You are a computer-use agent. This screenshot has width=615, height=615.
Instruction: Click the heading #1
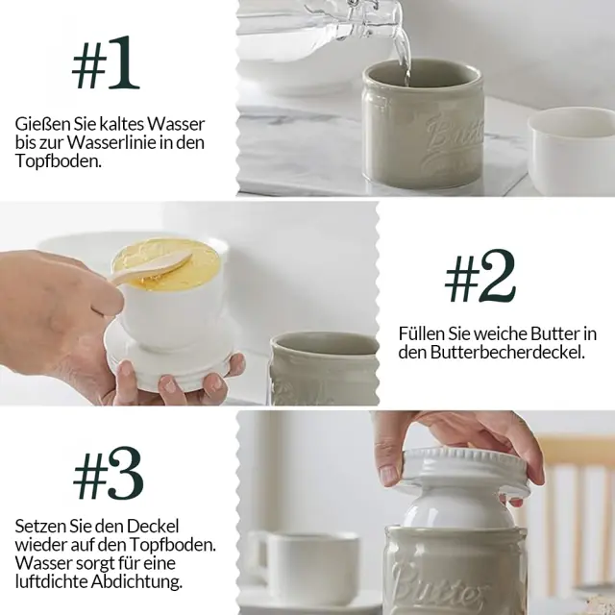(106, 62)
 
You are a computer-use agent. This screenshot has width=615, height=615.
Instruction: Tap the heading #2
(480, 276)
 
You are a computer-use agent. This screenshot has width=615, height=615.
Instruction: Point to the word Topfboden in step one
(57, 161)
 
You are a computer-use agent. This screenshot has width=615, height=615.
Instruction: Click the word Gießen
(37, 124)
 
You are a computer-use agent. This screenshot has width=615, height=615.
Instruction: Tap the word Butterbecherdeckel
(507, 352)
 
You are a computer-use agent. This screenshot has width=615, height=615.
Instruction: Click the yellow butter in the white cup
(166, 259)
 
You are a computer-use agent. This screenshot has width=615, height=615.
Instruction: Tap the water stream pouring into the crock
(404, 51)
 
